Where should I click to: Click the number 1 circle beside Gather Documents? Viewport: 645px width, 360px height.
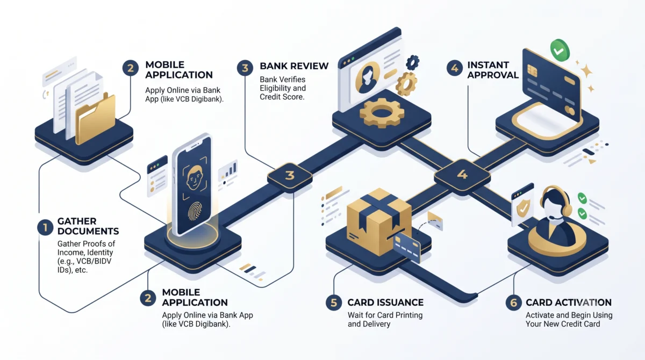pyautogui.click(x=45, y=227)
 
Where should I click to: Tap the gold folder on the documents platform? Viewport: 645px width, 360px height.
pyautogui.click(x=95, y=119)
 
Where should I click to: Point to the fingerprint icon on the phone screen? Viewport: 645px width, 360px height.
pyautogui.click(x=195, y=211)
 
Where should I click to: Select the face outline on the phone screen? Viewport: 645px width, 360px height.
pyautogui.click(x=195, y=177)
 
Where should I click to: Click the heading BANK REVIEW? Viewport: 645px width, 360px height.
pyautogui.click(x=294, y=66)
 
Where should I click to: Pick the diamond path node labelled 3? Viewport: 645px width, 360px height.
pyautogui.click(x=290, y=176)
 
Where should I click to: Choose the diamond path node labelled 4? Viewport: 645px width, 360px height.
pyautogui.click(x=462, y=175)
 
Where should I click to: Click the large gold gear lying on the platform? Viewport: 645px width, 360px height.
pyautogui.click(x=382, y=112)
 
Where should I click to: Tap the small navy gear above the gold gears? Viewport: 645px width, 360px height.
pyautogui.click(x=413, y=62)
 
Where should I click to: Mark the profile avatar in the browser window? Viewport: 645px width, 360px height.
pyautogui.click(x=368, y=77)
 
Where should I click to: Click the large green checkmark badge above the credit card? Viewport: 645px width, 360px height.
pyautogui.click(x=560, y=51)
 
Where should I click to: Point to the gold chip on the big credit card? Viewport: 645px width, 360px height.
pyautogui.click(x=532, y=70)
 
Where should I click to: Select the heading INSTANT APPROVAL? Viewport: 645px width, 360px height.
pyautogui.click(x=493, y=70)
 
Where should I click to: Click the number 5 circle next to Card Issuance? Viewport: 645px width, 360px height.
pyautogui.click(x=334, y=303)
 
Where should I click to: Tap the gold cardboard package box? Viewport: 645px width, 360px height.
pyautogui.click(x=379, y=221)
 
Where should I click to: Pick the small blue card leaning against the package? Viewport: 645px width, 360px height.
pyautogui.click(x=406, y=248)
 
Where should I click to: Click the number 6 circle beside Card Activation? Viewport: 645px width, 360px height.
pyautogui.click(x=513, y=303)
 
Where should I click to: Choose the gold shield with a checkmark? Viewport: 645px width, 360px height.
pyautogui.click(x=523, y=208)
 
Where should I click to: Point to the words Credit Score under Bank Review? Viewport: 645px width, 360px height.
pyautogui.click(x=282, y=97)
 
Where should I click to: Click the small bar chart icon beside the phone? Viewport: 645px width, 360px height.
pyautogui.click(x=228, y=170)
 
